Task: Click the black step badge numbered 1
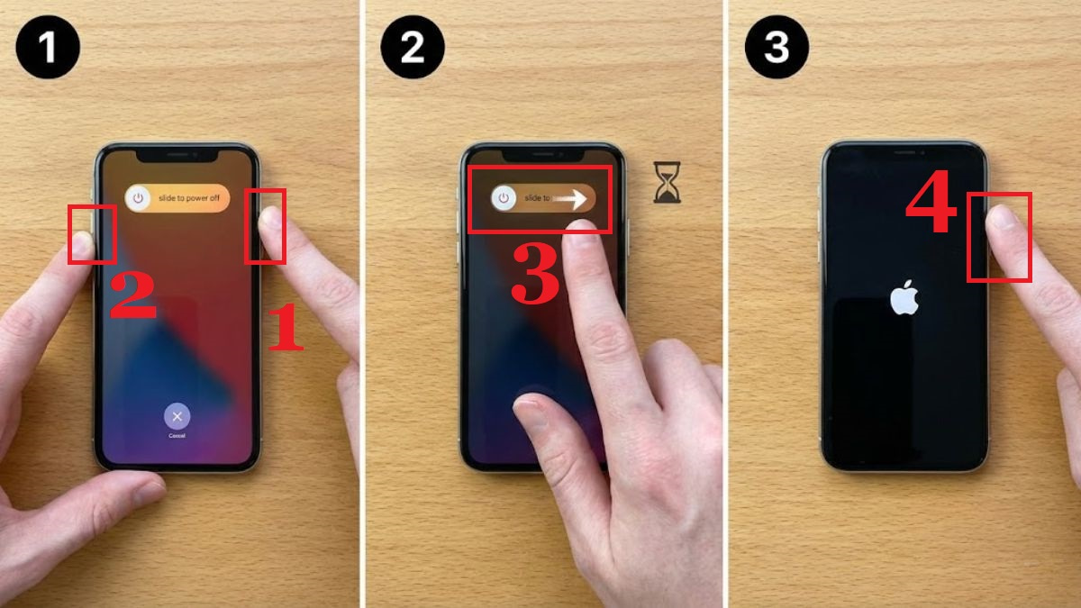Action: click(x=47, y=47)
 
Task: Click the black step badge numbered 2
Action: click(x=413, y=47)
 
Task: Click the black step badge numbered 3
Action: click(x=777, y=47)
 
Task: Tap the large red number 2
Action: click(x=132, y=298)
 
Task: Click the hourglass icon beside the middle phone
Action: click(x=668, y=183)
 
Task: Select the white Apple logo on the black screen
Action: click(x=904, y=297)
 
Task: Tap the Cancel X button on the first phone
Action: click(x=177, y=416)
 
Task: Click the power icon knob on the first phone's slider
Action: click(x=138, y=198)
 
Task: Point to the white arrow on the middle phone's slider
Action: click(x=571, y=198)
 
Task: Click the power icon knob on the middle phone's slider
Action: click(x=504, y=198)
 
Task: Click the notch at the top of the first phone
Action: click(x=177, y=154)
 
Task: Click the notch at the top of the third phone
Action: click(x=904, y=154)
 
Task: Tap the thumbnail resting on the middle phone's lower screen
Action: click(x=531, y=414)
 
